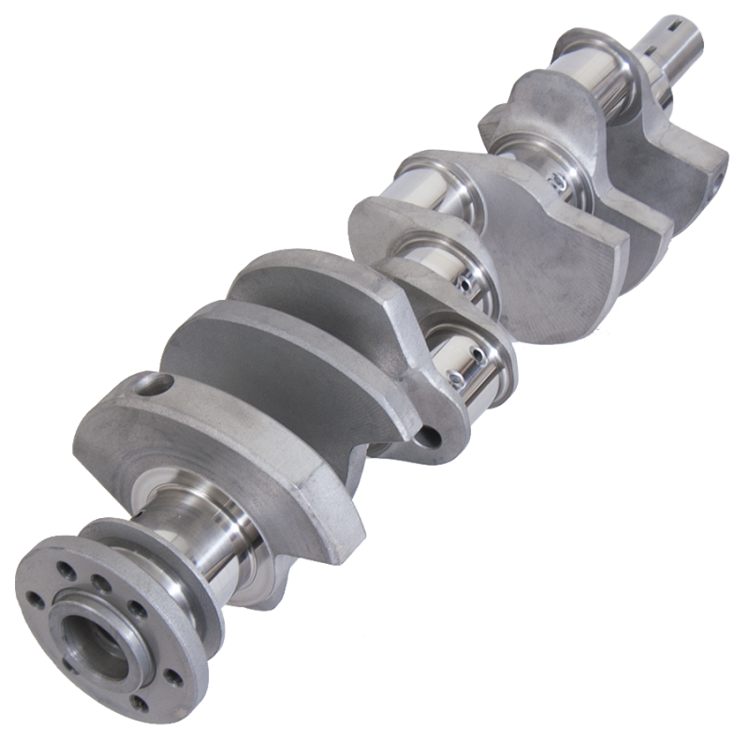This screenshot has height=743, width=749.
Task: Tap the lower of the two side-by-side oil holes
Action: click(x=456, y=378)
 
